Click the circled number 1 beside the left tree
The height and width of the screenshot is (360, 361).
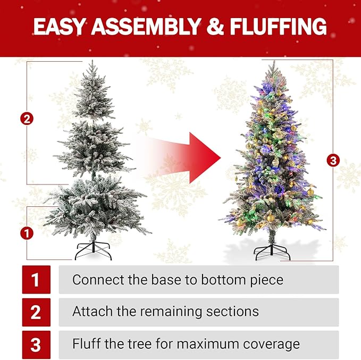click(27, 232)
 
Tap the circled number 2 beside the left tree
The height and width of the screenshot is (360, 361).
click(27, 119)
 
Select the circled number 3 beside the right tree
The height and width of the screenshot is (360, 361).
click(333, 160)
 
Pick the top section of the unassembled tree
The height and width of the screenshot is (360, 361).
click(93, 93)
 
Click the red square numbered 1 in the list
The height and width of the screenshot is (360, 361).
click(36, 280)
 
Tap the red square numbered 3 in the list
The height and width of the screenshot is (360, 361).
click(36, 345)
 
